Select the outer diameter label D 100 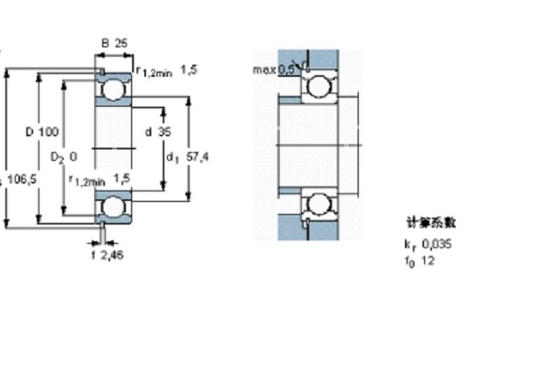(43, 132)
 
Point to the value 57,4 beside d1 (199, 157)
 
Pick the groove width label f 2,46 (108, 254)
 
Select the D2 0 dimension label (64, 157)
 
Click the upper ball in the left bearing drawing (112, 91)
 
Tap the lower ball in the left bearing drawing (112, 206)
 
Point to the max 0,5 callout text (274, 69)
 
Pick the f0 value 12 (428, 260)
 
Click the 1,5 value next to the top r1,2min (189, 70)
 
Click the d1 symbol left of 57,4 (172, 158)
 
